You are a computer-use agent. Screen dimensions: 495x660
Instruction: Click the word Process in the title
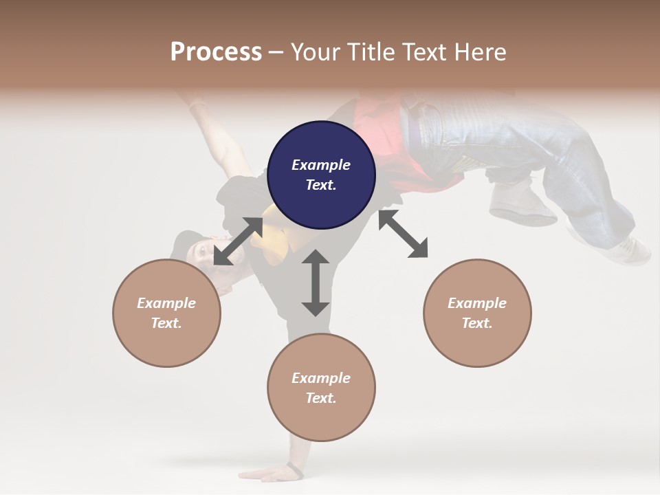click(x=216, y=52)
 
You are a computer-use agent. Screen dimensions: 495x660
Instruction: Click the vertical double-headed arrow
click(x=316, y=283)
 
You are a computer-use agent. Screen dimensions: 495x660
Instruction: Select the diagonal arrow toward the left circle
click(x=237, y=241)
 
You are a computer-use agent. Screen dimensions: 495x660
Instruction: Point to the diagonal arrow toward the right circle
click(x=404, y=234)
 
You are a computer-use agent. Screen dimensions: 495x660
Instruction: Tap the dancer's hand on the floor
click(x=268, y=474)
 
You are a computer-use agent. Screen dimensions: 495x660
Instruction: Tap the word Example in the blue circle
click(x=321, y=165)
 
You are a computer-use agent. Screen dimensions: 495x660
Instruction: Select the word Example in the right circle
click(x=477, y=303)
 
